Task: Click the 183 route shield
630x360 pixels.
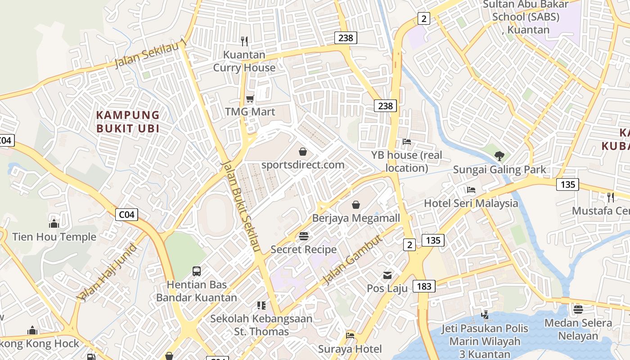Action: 424,286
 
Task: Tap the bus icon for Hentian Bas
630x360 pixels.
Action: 197,271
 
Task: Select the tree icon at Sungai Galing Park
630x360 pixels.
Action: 499,156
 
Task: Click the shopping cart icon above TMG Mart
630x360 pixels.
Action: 250,99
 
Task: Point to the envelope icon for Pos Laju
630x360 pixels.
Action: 387,275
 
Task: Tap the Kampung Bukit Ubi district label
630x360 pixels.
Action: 128,122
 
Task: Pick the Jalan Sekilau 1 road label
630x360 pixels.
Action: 150,54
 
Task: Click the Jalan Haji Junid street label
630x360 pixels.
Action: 107,272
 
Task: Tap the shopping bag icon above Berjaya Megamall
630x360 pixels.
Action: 356,205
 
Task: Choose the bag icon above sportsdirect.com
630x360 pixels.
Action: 303,152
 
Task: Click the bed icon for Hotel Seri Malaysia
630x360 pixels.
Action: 471,190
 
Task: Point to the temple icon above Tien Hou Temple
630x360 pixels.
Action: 54,224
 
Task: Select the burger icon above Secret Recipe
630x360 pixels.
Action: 304,236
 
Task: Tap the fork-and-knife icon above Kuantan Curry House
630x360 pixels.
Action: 244,41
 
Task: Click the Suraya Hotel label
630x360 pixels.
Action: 350,349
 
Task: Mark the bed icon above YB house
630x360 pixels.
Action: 407,142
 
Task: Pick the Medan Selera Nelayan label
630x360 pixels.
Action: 578,329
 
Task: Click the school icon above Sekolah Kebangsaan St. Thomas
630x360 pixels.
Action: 261,306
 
